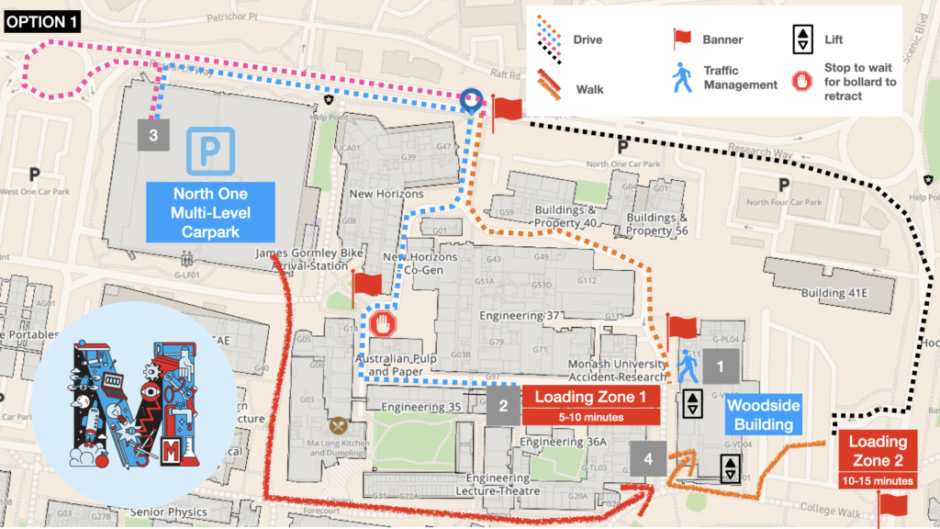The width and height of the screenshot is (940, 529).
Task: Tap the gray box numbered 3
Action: [x=154, y=135]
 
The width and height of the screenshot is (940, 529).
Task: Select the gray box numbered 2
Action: [x=503, y=405]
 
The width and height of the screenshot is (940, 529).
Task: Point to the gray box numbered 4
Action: [x=649, y=458]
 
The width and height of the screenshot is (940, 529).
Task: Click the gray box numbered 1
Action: [x=721, y=366]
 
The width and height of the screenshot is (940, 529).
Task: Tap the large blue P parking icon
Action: [x=211, y=151]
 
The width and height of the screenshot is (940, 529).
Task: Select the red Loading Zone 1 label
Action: [x=592, y=404]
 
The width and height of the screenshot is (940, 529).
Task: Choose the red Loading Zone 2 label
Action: [x=877, y=459]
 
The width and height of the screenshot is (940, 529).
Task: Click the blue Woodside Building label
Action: [x=764, y=415]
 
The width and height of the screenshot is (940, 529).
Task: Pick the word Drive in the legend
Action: [x=588, y=40]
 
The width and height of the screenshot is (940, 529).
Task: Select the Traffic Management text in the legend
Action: [x=740, y=77]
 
